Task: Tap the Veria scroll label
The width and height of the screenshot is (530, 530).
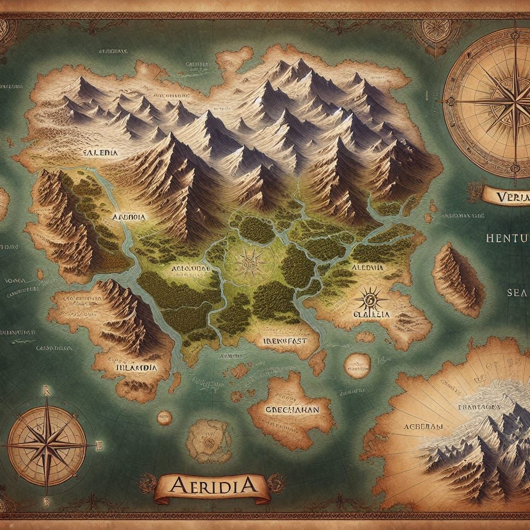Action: (506, 197)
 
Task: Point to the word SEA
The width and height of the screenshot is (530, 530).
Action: (516, 292)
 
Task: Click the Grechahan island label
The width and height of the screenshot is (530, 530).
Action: (291, 409)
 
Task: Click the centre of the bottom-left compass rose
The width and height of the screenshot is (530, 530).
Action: (47, 444)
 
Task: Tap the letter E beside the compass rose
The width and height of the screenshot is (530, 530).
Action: (99, 444)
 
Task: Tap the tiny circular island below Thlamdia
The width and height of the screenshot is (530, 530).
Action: (165, 417)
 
